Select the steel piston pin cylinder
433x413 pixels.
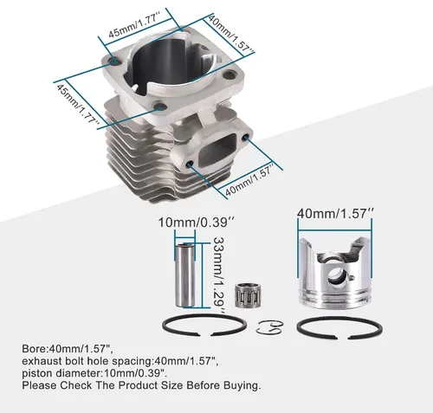(184, 275)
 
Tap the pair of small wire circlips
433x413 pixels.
(269, 327)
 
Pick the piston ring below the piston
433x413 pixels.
(339, 327)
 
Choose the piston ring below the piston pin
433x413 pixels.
(204, 325)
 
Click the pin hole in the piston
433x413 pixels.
(337, 275)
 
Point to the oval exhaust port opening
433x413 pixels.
(218, 151)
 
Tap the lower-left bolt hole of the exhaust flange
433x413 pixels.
(191, 165)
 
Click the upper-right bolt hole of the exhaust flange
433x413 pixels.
(245, 137)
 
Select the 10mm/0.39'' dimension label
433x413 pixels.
(197, 223)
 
